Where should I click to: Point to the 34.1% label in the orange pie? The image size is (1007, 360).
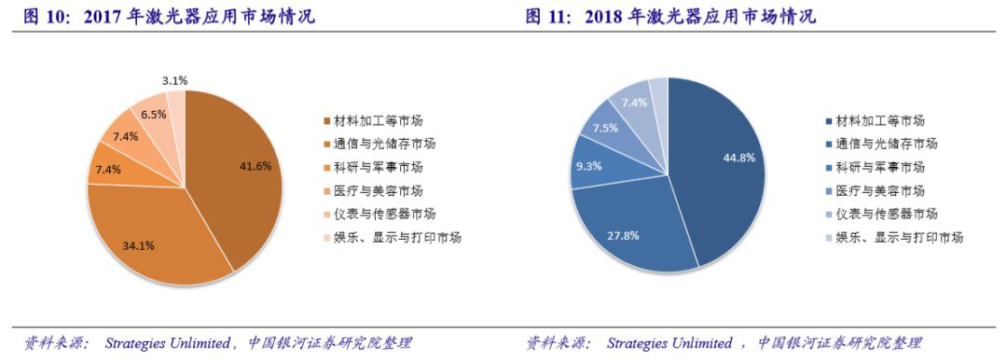click(x=139, y=245)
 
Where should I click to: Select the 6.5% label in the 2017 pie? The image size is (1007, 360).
click(x=154, y=114)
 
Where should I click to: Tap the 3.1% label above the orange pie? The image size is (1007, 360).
click(x=174, y=81)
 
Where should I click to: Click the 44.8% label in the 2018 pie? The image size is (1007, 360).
click(x=739, y=158)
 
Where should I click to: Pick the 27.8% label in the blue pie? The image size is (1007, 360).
click(x=623, y=235)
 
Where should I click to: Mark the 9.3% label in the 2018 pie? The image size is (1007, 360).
click(x=587, y=165)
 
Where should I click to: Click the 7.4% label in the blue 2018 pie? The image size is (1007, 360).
click(x=633, y=102)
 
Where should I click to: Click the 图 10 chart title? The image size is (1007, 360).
click(x=169, y=17)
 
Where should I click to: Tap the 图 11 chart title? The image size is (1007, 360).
click(x=670, y=17)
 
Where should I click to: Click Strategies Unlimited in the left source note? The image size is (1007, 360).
click(x=168, y=343)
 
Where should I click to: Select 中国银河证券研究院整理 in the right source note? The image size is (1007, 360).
click(x=839, y=343)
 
